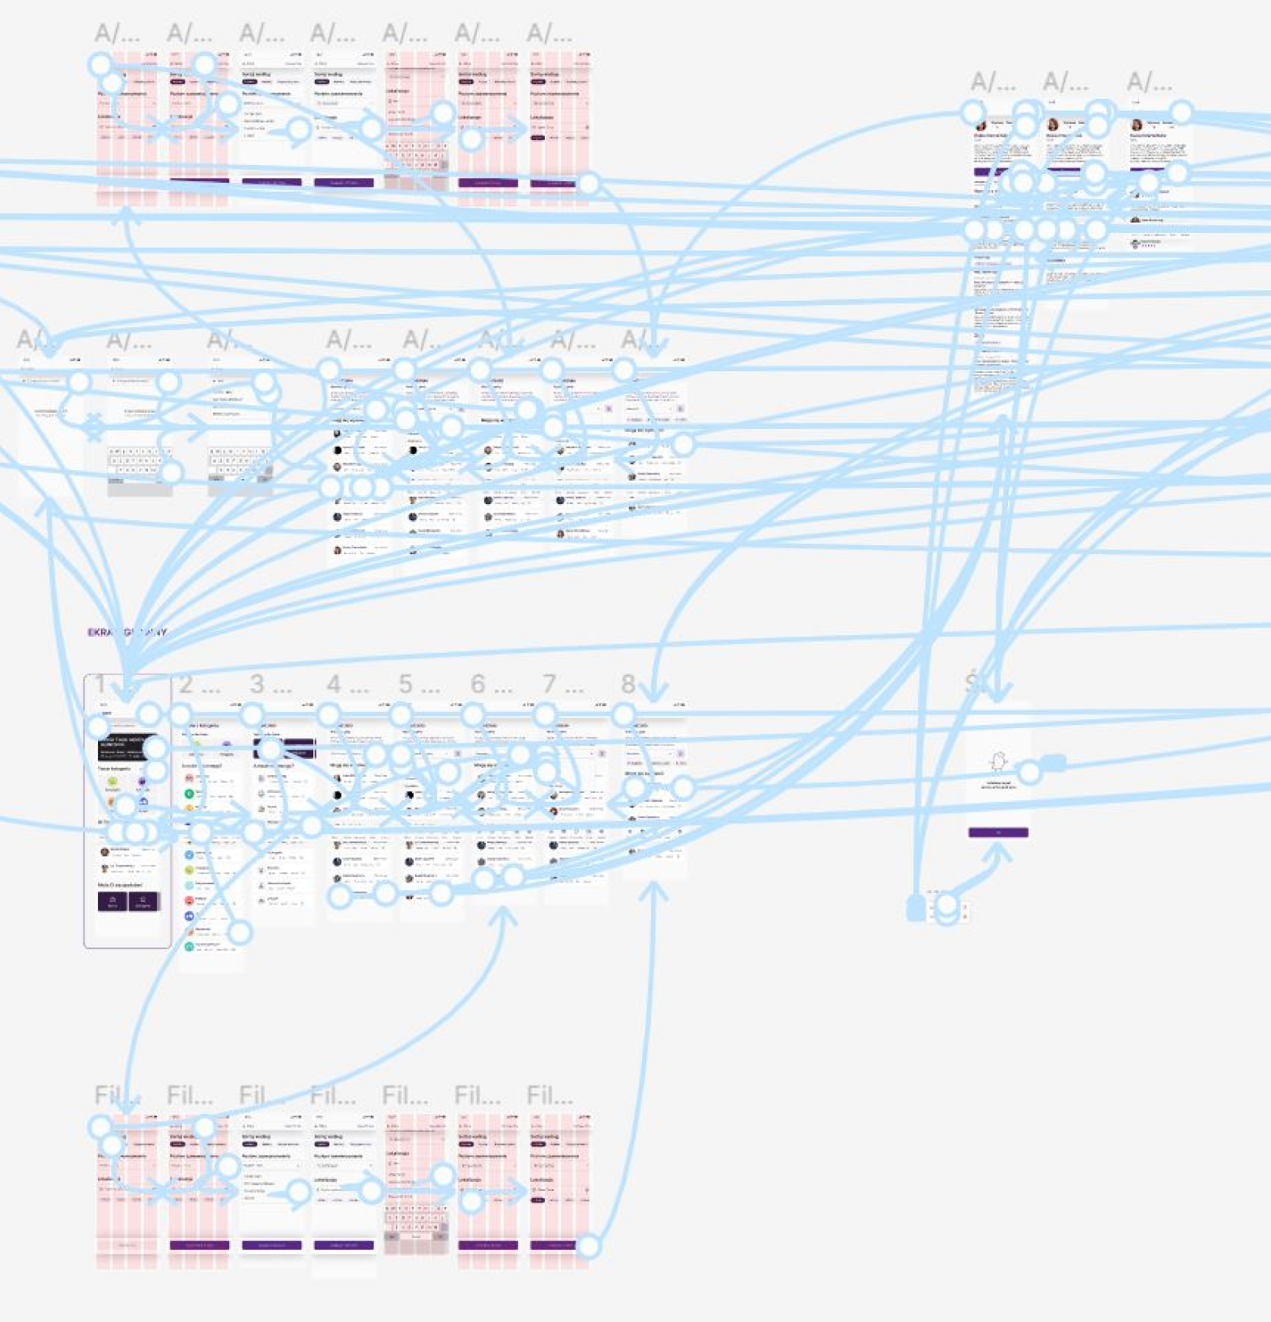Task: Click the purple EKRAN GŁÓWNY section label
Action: pos(127,633)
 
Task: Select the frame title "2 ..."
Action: pos(198,685)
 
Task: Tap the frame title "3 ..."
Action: pos(270,685)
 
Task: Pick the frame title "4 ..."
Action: pos(347,685)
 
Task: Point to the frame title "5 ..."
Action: pos(419,685)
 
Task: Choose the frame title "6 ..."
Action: pos(491,685)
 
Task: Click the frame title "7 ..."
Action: pos(562,685)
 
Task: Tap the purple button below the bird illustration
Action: pos(998,833)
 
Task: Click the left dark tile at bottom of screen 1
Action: pos(113,901)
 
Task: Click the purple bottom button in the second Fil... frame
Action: pos(199,1245)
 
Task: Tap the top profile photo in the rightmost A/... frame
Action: pos(1137,125)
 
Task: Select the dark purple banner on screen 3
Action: pos(283,748)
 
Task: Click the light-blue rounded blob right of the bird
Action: pos(1053,763)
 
